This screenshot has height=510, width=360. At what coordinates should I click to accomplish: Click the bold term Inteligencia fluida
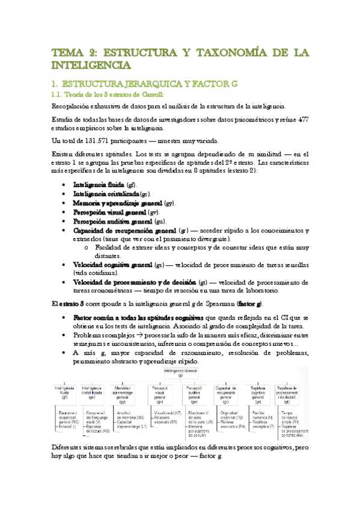(99, 185)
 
